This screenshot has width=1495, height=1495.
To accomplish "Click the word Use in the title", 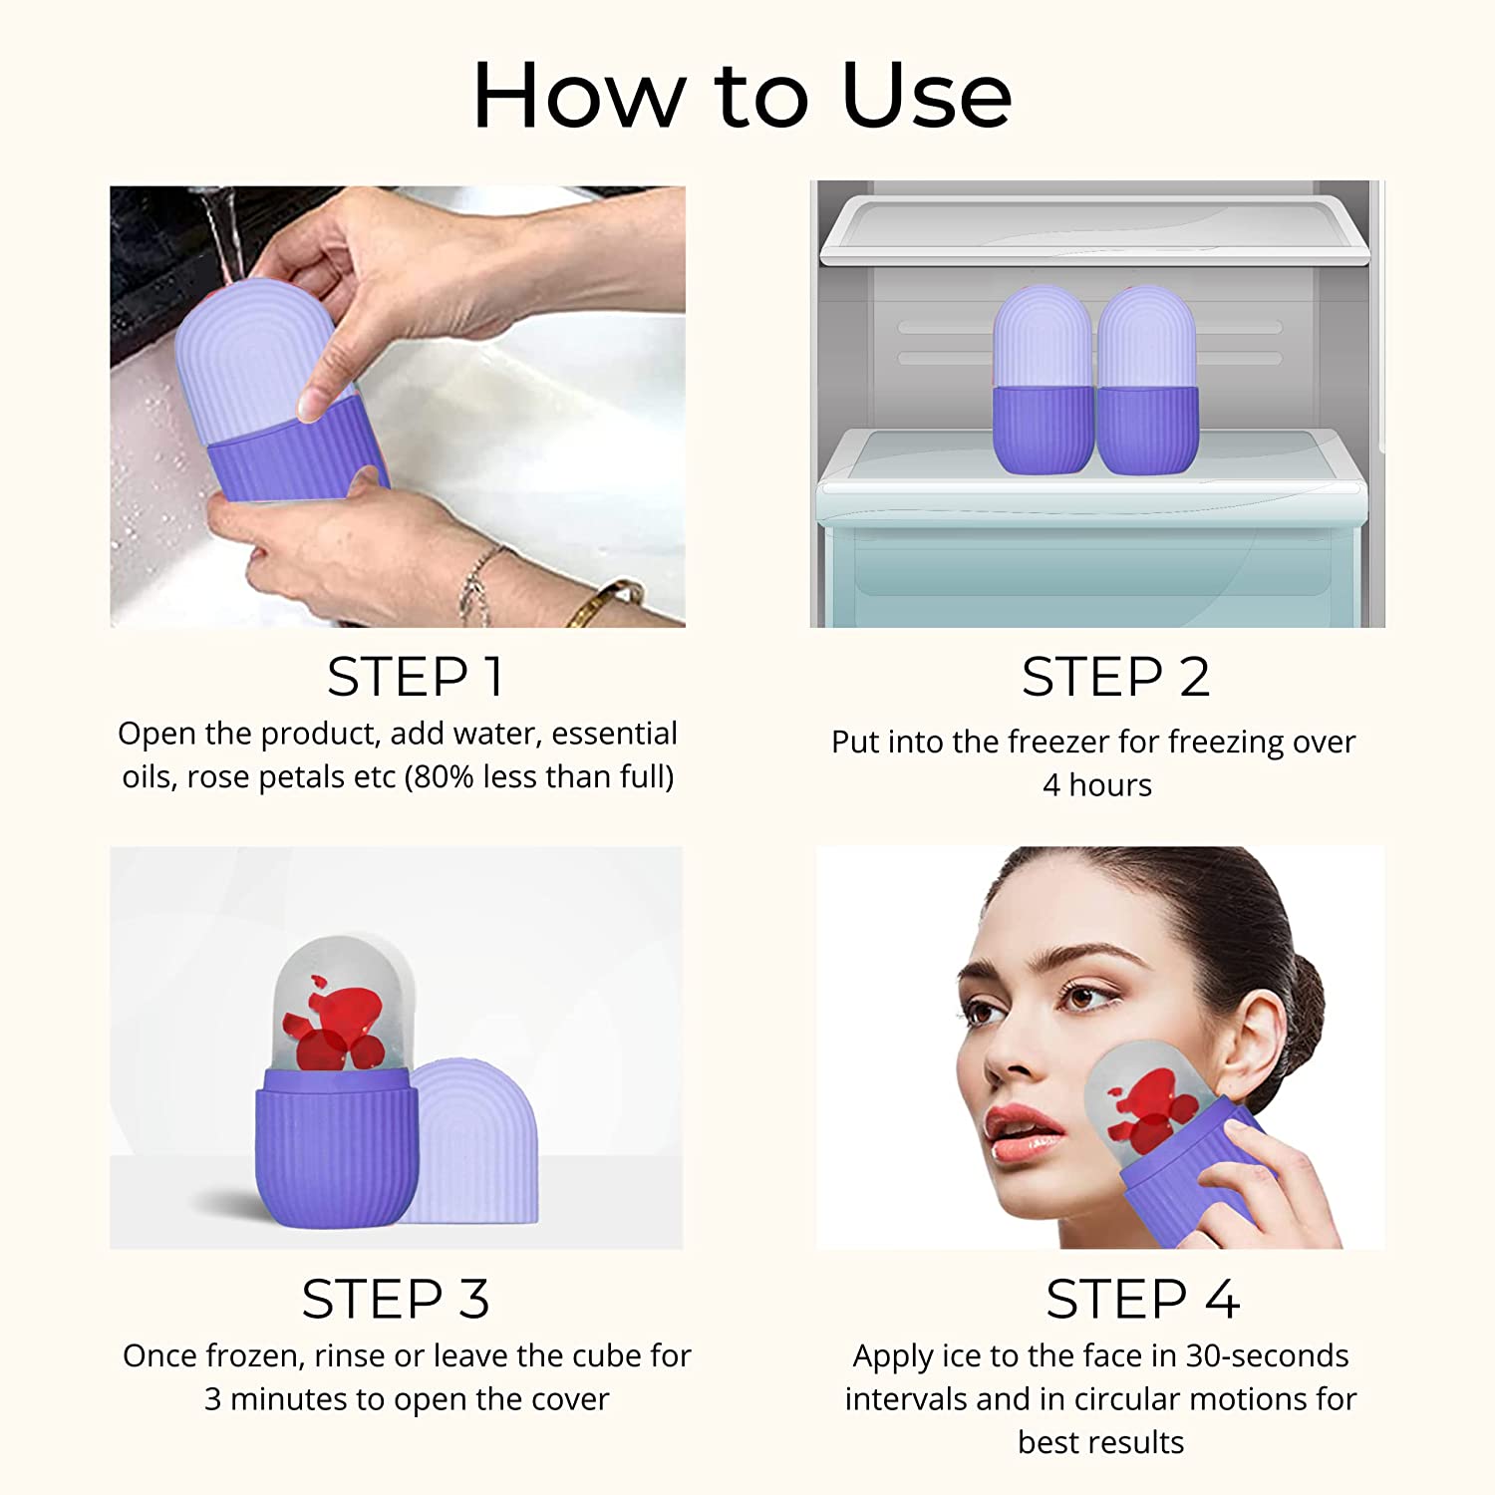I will click(926, 96).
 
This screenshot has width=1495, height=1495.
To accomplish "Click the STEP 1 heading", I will click(415, 678).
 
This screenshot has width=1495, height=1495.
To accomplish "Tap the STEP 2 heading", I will click(1115, 678).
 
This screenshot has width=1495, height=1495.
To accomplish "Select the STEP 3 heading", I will click(396, 1300).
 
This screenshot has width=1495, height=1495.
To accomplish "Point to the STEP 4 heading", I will click(1142, 1300).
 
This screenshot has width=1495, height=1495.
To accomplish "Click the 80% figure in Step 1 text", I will click(443, 777).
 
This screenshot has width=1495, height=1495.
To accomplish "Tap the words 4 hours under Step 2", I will click(1096, 785).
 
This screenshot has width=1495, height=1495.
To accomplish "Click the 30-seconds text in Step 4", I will click(1266, 1355).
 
